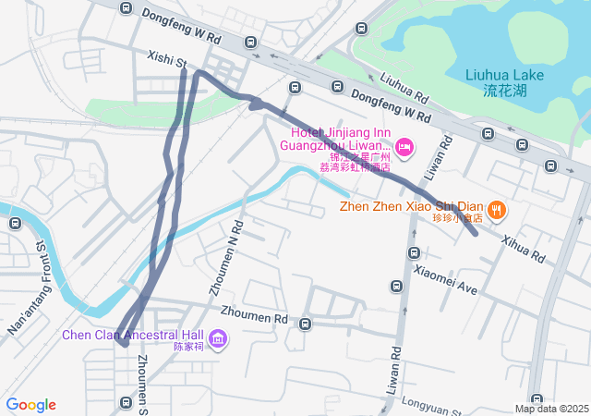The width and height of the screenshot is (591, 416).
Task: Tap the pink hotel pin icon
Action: tap(404, 147)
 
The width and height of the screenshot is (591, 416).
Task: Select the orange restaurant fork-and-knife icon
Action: tap(497, 210)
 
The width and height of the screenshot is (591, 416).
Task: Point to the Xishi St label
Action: tap(167, 60)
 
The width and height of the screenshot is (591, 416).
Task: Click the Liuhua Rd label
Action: tap(404, 87)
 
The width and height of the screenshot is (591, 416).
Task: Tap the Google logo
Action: tap(30, 405)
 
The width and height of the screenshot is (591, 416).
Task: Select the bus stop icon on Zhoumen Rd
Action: tap(305, 324)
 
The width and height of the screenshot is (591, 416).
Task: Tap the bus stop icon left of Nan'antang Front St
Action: tap(15, 223)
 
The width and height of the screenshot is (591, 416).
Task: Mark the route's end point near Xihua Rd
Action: tap(475, 233)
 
